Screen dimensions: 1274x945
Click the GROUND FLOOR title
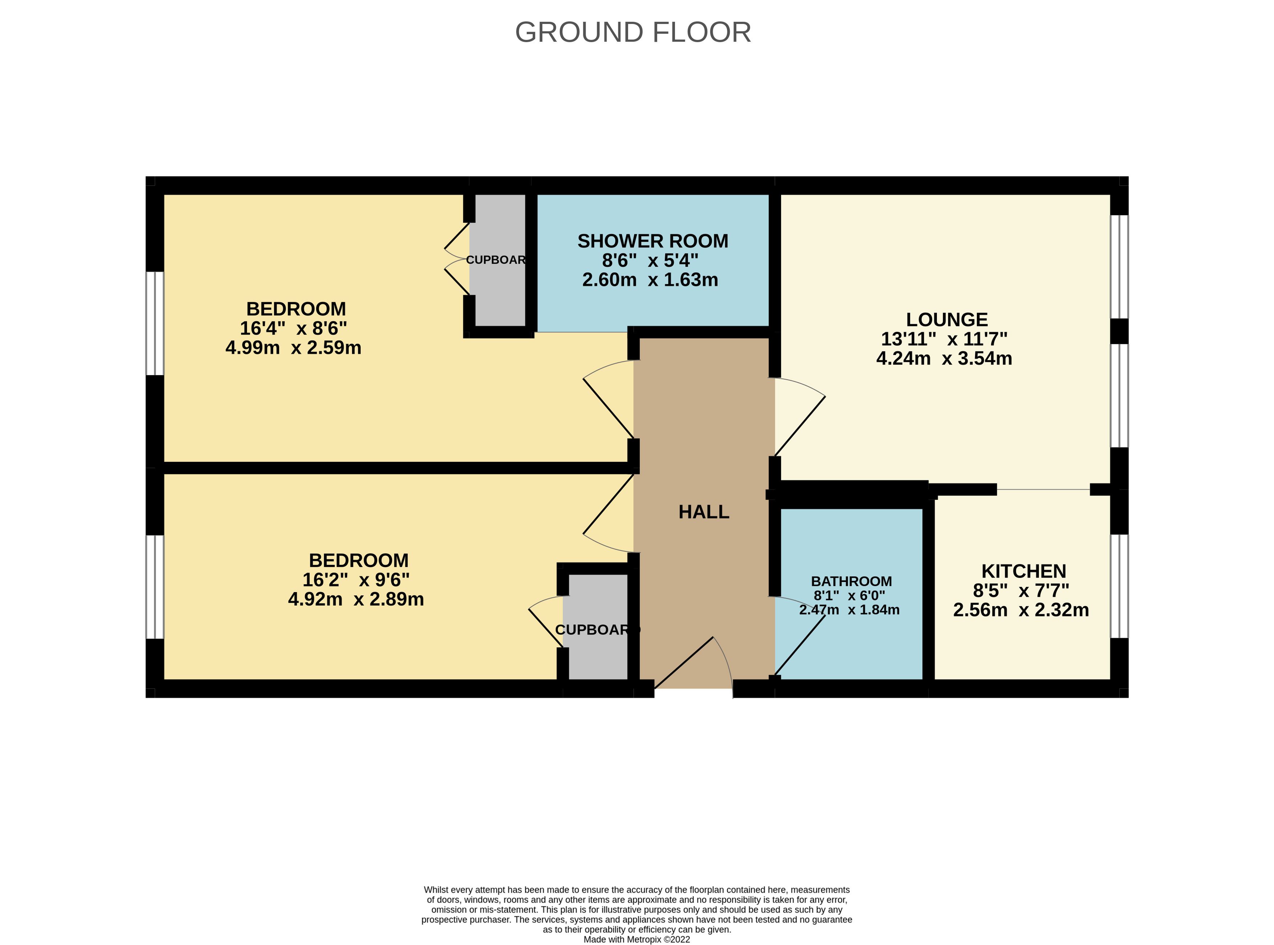click(633, 33)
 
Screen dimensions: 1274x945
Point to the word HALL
click(703, 512)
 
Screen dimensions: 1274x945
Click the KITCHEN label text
click(1023, 571)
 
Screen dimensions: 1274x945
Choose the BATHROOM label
click(851, 581)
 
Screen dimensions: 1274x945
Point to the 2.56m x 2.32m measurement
click(1020, 610)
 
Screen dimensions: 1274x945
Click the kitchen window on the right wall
click(1119, 586)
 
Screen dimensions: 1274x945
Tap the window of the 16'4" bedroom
click(154, 323)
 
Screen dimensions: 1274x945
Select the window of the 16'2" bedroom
click(154, 586)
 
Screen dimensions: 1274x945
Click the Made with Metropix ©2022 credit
click(636, 939)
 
